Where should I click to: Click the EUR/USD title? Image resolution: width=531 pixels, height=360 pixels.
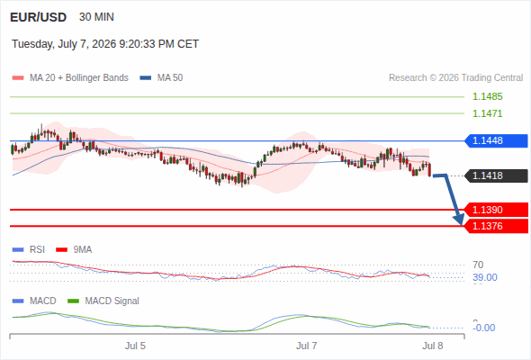pos(39,17)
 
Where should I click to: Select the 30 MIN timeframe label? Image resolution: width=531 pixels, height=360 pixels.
pos(96,17)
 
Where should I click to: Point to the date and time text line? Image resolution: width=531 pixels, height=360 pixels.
pos(105,44)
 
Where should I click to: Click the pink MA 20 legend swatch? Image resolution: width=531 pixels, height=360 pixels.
pos(18,78)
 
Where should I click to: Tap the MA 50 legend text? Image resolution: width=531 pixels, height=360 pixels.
pos(170,78)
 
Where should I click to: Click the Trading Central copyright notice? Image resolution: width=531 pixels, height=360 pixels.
pos(455,78)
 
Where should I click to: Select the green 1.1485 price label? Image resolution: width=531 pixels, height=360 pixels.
pos(487,96)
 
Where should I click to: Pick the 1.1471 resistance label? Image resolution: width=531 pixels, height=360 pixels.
pos(487,113)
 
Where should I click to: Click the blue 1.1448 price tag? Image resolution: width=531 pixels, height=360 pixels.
pos(496,140)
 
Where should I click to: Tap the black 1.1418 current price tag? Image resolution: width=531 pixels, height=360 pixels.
pos(496,175)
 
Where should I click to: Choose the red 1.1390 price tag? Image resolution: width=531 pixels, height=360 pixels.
pos(496,210)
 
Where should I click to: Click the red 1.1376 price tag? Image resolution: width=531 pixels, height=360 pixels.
pos(496,226)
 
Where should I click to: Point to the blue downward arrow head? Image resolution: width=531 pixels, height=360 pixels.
pos(459,220)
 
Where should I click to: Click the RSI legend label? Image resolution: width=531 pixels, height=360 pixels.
pos(37,249)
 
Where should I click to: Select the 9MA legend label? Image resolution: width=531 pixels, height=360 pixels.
pos(83,249)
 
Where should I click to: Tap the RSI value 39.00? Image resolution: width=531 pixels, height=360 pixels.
pos(485,278)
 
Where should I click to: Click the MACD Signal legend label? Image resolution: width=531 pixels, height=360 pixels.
pos(112,301)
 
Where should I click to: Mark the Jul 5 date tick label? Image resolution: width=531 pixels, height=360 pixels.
pos(135,346)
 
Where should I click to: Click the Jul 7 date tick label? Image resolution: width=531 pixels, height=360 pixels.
pos(307,346)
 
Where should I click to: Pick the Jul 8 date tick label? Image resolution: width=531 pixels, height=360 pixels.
pos(433,346)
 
